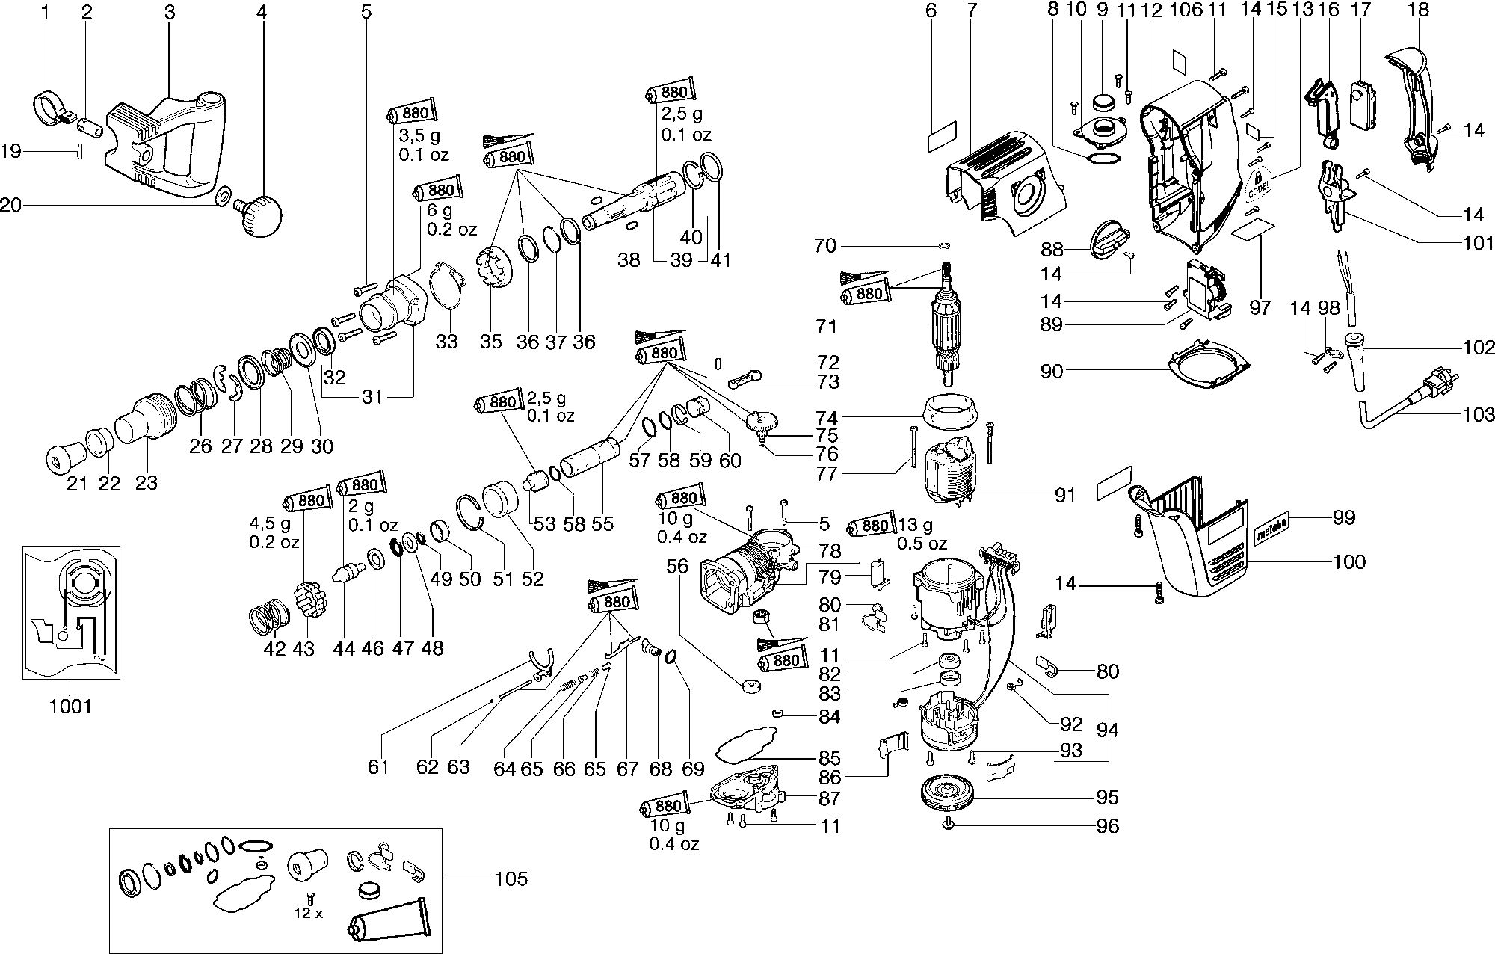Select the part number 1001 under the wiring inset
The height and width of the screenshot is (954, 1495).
(x=70, y=706)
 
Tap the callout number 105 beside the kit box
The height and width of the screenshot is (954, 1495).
(x=511, y=878)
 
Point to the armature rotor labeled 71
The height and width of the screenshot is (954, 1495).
(x=952, y=329)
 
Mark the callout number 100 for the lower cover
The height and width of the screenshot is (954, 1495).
(x=1348, y=561)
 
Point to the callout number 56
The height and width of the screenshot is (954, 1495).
(x=677, y=567)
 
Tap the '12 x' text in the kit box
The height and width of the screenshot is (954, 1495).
(x=308, y=914)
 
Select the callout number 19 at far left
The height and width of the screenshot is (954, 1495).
(x=10, y=152)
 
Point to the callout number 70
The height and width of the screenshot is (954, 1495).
(x=825, y=245)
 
